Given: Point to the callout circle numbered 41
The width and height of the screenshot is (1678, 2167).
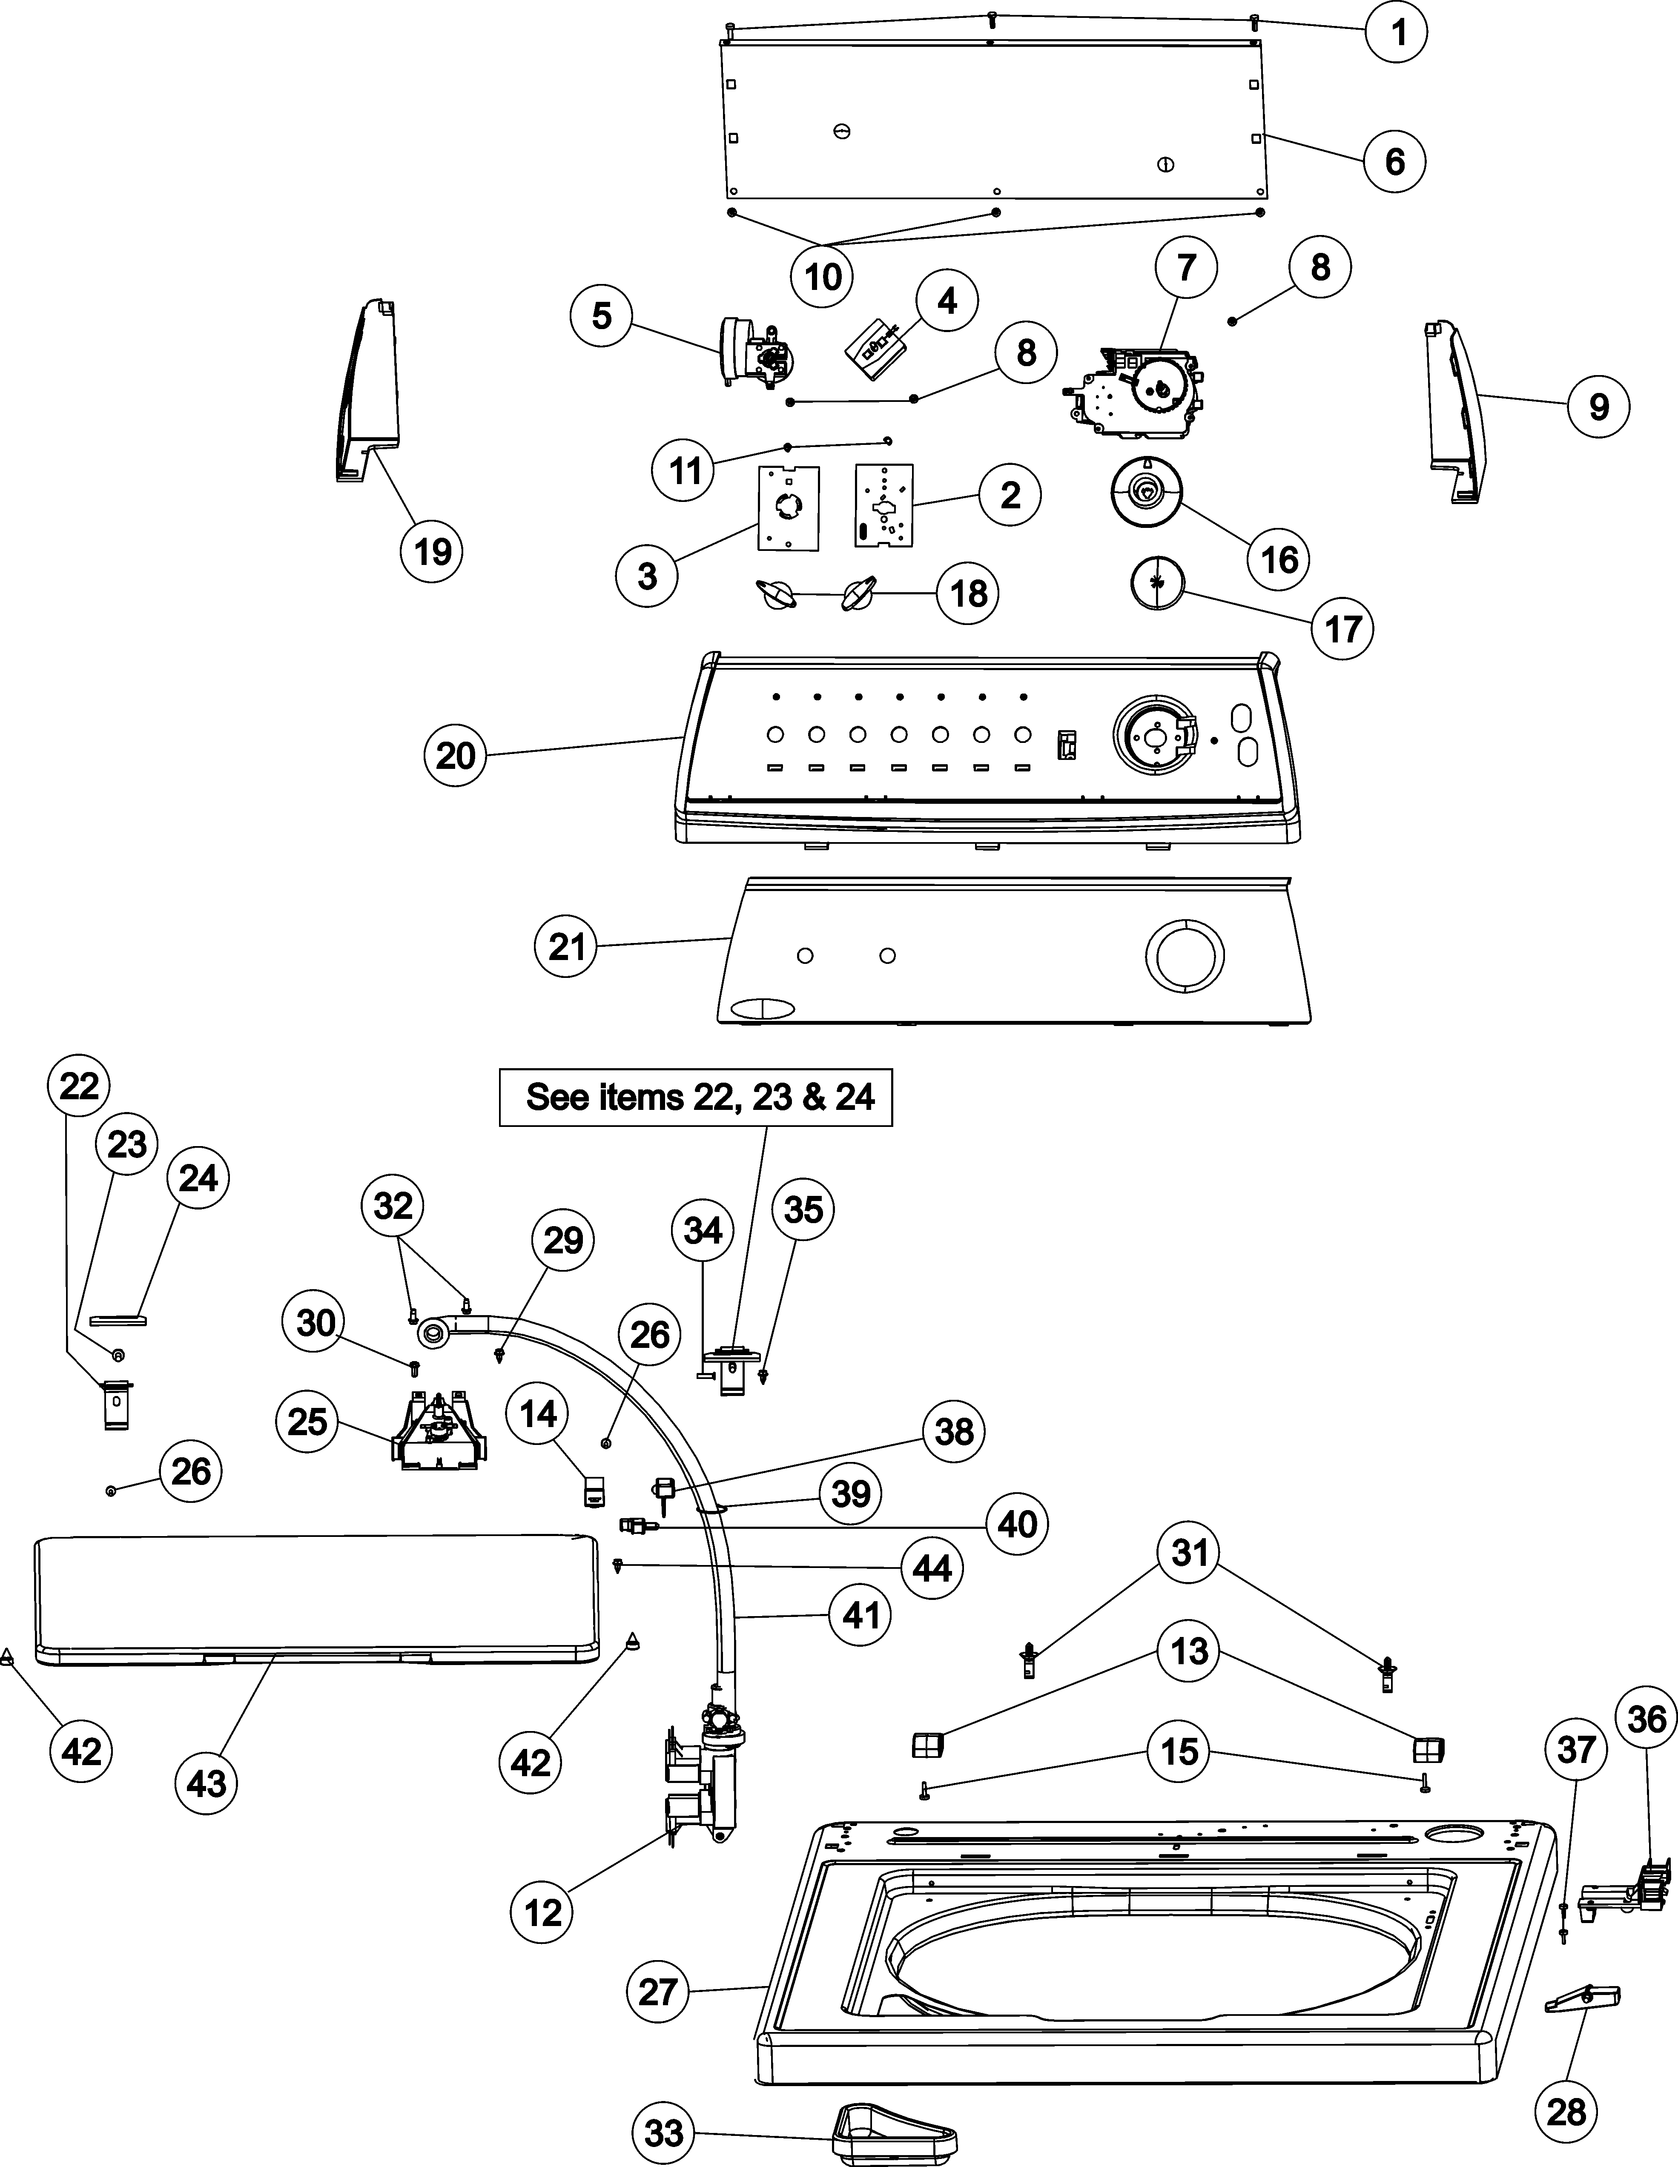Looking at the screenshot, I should point(861,1615).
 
